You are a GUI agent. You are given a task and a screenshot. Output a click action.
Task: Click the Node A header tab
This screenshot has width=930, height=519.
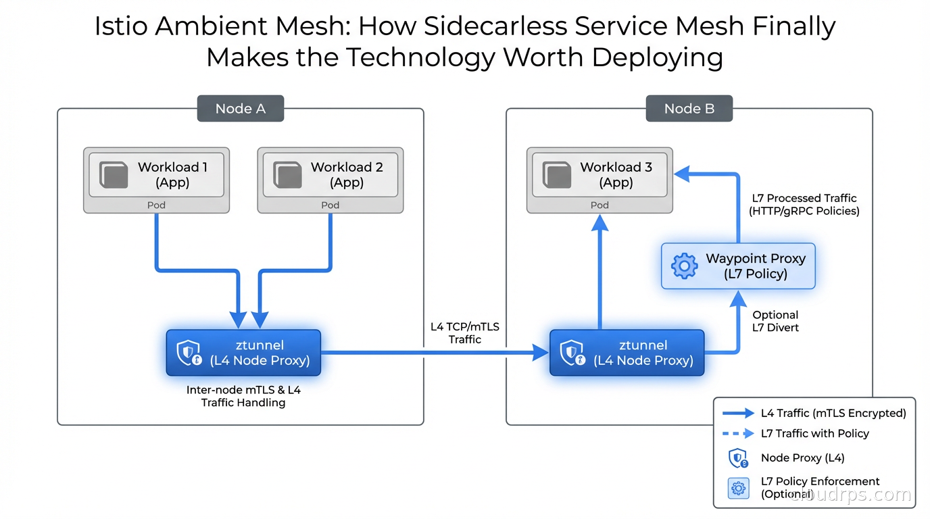tap(240, 109)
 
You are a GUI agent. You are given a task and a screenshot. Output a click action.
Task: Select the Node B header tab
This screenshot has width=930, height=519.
tap(689, 109)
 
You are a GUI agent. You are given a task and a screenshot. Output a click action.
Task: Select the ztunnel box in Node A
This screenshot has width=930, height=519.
tap(243, 353)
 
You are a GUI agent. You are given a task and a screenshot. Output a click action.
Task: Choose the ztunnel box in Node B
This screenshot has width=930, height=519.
tap(627, 353)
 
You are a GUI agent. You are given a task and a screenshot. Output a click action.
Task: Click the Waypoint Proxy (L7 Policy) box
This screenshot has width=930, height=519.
tap(738, 266)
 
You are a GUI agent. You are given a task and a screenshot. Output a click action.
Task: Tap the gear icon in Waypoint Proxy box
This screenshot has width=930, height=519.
tap(684, 266)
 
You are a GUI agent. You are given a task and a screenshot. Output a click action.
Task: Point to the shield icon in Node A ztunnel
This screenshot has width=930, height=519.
tap(189, 353)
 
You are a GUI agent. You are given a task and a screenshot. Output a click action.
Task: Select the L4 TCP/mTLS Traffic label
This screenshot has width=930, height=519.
tap(465, 333)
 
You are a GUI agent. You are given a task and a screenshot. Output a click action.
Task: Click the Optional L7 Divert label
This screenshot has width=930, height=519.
tap(775, 321)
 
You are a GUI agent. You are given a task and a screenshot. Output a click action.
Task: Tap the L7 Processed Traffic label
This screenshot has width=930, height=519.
tap(804, 205)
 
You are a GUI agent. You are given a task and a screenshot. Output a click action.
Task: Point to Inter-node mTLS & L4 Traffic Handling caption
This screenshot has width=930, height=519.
tap(243, 396)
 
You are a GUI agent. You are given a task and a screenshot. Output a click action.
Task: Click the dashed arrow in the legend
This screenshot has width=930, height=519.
tap(738, 434)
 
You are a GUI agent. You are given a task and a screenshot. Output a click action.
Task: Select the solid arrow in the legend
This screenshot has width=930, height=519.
tap(738, 413)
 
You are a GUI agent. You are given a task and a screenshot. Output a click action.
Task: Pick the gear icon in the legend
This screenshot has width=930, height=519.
tap(738, 488)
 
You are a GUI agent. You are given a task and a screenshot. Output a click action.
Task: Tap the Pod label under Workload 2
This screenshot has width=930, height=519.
tap(331, 205)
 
